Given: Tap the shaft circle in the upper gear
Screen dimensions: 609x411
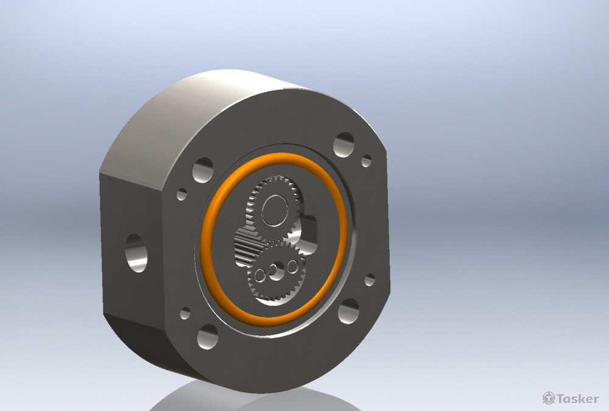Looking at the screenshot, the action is coord(275,211).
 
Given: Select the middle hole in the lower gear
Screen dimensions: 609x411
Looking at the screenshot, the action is coord(276,271).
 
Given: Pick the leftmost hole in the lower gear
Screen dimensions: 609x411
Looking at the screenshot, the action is coord(259,275).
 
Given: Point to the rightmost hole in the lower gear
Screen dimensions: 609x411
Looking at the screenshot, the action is coord(292,267).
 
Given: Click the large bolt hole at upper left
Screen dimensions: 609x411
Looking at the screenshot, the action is coord(203,170).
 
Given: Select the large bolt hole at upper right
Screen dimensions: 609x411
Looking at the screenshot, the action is coord(343,145).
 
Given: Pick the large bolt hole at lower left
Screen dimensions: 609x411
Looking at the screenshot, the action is coord(208,337).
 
